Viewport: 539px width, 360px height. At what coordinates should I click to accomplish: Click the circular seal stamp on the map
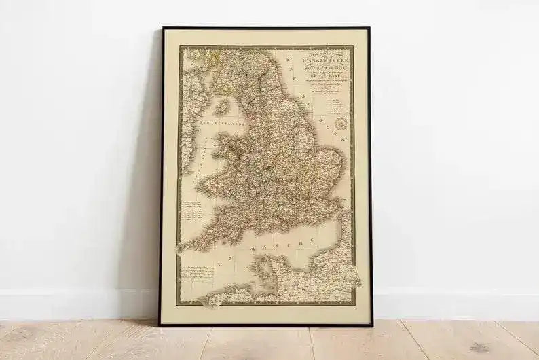pyautogui.click(x=340, y=122)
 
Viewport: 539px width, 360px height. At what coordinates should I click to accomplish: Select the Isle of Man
pyautogui.click(x=222, y=107)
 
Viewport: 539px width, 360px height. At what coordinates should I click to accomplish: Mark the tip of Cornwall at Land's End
pyautogui.click(x=181, y=247)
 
